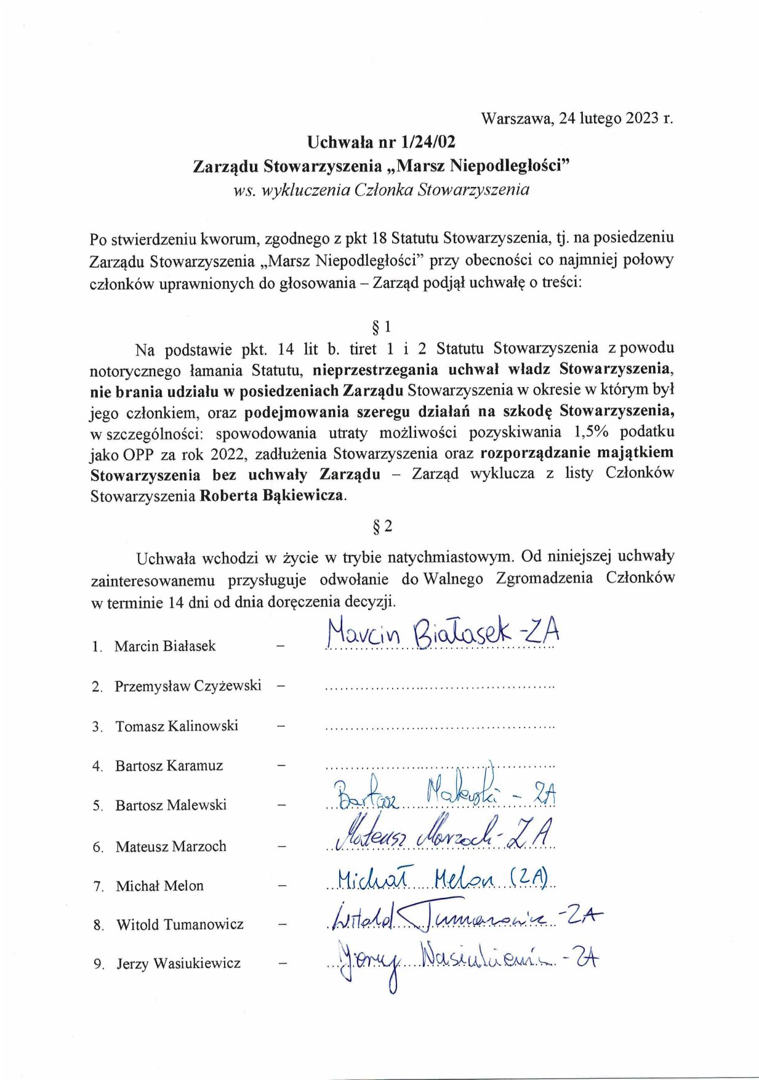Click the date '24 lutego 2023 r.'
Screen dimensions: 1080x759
point(616,118)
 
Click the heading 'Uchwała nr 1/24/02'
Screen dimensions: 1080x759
point(381,142)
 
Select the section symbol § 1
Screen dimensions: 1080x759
point(381,326)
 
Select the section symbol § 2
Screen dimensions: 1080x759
point(382,526)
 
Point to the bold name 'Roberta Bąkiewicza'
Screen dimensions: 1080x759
point(273,495)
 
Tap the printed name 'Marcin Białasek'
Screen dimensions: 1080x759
point(165,646)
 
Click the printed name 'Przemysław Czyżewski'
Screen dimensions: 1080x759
point(188,686)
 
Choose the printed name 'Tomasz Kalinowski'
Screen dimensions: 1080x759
point(177,726)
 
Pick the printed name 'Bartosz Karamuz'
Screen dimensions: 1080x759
point(169,766)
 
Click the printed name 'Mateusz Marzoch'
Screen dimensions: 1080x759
point(171,847)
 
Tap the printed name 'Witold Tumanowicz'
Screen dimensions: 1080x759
point(180,924)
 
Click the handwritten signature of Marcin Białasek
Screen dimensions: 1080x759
point(443,634)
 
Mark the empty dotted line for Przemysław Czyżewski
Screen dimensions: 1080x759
point(440,686)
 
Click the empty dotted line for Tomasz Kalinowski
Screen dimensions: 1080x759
point(440,727)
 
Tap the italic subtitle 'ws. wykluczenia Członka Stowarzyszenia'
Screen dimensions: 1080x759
point(381,190)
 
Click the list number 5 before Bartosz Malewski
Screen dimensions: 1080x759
point(97,806)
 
